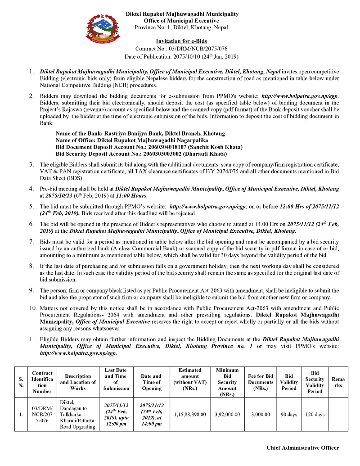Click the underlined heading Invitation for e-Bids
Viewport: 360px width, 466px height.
tap(181, 41)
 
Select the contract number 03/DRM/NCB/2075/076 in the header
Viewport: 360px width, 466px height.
tap(181, 49)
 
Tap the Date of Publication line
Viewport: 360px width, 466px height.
tap(181, 57)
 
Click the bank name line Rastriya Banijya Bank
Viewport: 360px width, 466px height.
tap(140, 134)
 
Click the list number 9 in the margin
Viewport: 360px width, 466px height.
tap(31, 290)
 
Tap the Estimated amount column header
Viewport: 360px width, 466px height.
tap(190, 376)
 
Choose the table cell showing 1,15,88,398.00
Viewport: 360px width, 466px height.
tap(190, 414)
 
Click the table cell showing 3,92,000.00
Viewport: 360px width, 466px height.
tap(227, 414)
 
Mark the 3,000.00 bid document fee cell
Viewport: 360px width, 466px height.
tap(261, 414)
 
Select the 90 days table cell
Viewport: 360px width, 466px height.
tap(289, 414)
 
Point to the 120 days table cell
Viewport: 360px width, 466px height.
tap(315, 414)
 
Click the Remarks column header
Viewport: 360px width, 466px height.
tap(338, 382)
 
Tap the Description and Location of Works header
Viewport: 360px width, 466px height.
tap(77, 382)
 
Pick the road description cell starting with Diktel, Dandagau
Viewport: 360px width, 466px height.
tap(77, 414)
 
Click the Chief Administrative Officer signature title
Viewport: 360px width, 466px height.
tap(302, 448)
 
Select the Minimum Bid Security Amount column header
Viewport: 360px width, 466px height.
tap(227, 382)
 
